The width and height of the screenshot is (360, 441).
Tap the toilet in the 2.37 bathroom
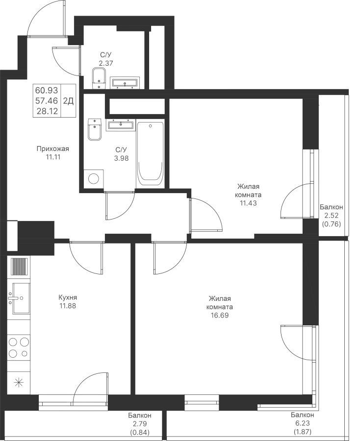[100, 77]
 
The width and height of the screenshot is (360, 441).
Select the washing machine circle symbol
[93, 178]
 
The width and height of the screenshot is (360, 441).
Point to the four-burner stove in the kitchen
[19, 347]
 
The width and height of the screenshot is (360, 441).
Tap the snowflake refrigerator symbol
[19, 383]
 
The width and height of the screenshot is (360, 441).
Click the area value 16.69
[220, 316]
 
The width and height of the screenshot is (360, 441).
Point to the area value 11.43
[248, 203]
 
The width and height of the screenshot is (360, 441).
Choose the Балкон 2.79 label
[140, 423]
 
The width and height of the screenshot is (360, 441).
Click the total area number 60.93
[47, 90]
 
